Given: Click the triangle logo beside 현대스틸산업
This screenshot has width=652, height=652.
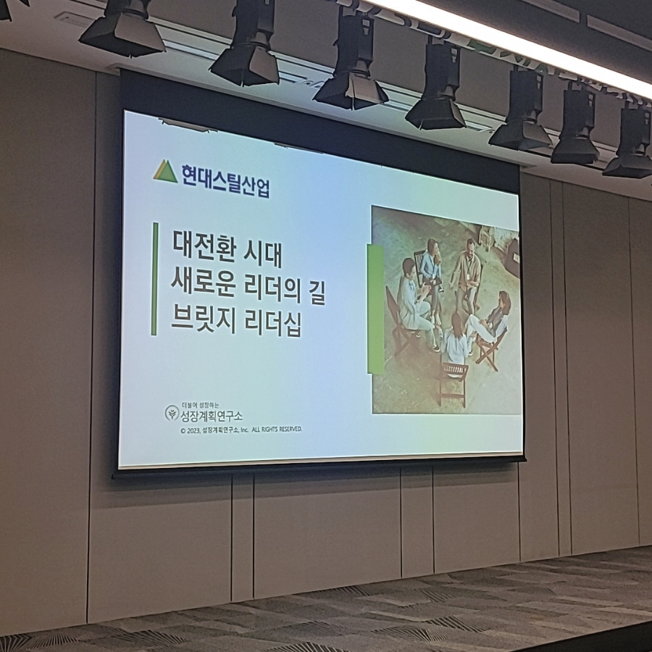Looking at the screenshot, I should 165,172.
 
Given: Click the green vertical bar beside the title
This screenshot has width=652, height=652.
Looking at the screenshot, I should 154,279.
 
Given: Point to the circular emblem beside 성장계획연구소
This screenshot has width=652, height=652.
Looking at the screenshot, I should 171,414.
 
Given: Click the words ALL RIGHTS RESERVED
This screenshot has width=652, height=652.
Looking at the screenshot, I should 277,430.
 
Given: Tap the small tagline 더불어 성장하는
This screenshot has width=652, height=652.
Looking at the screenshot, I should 200,405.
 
